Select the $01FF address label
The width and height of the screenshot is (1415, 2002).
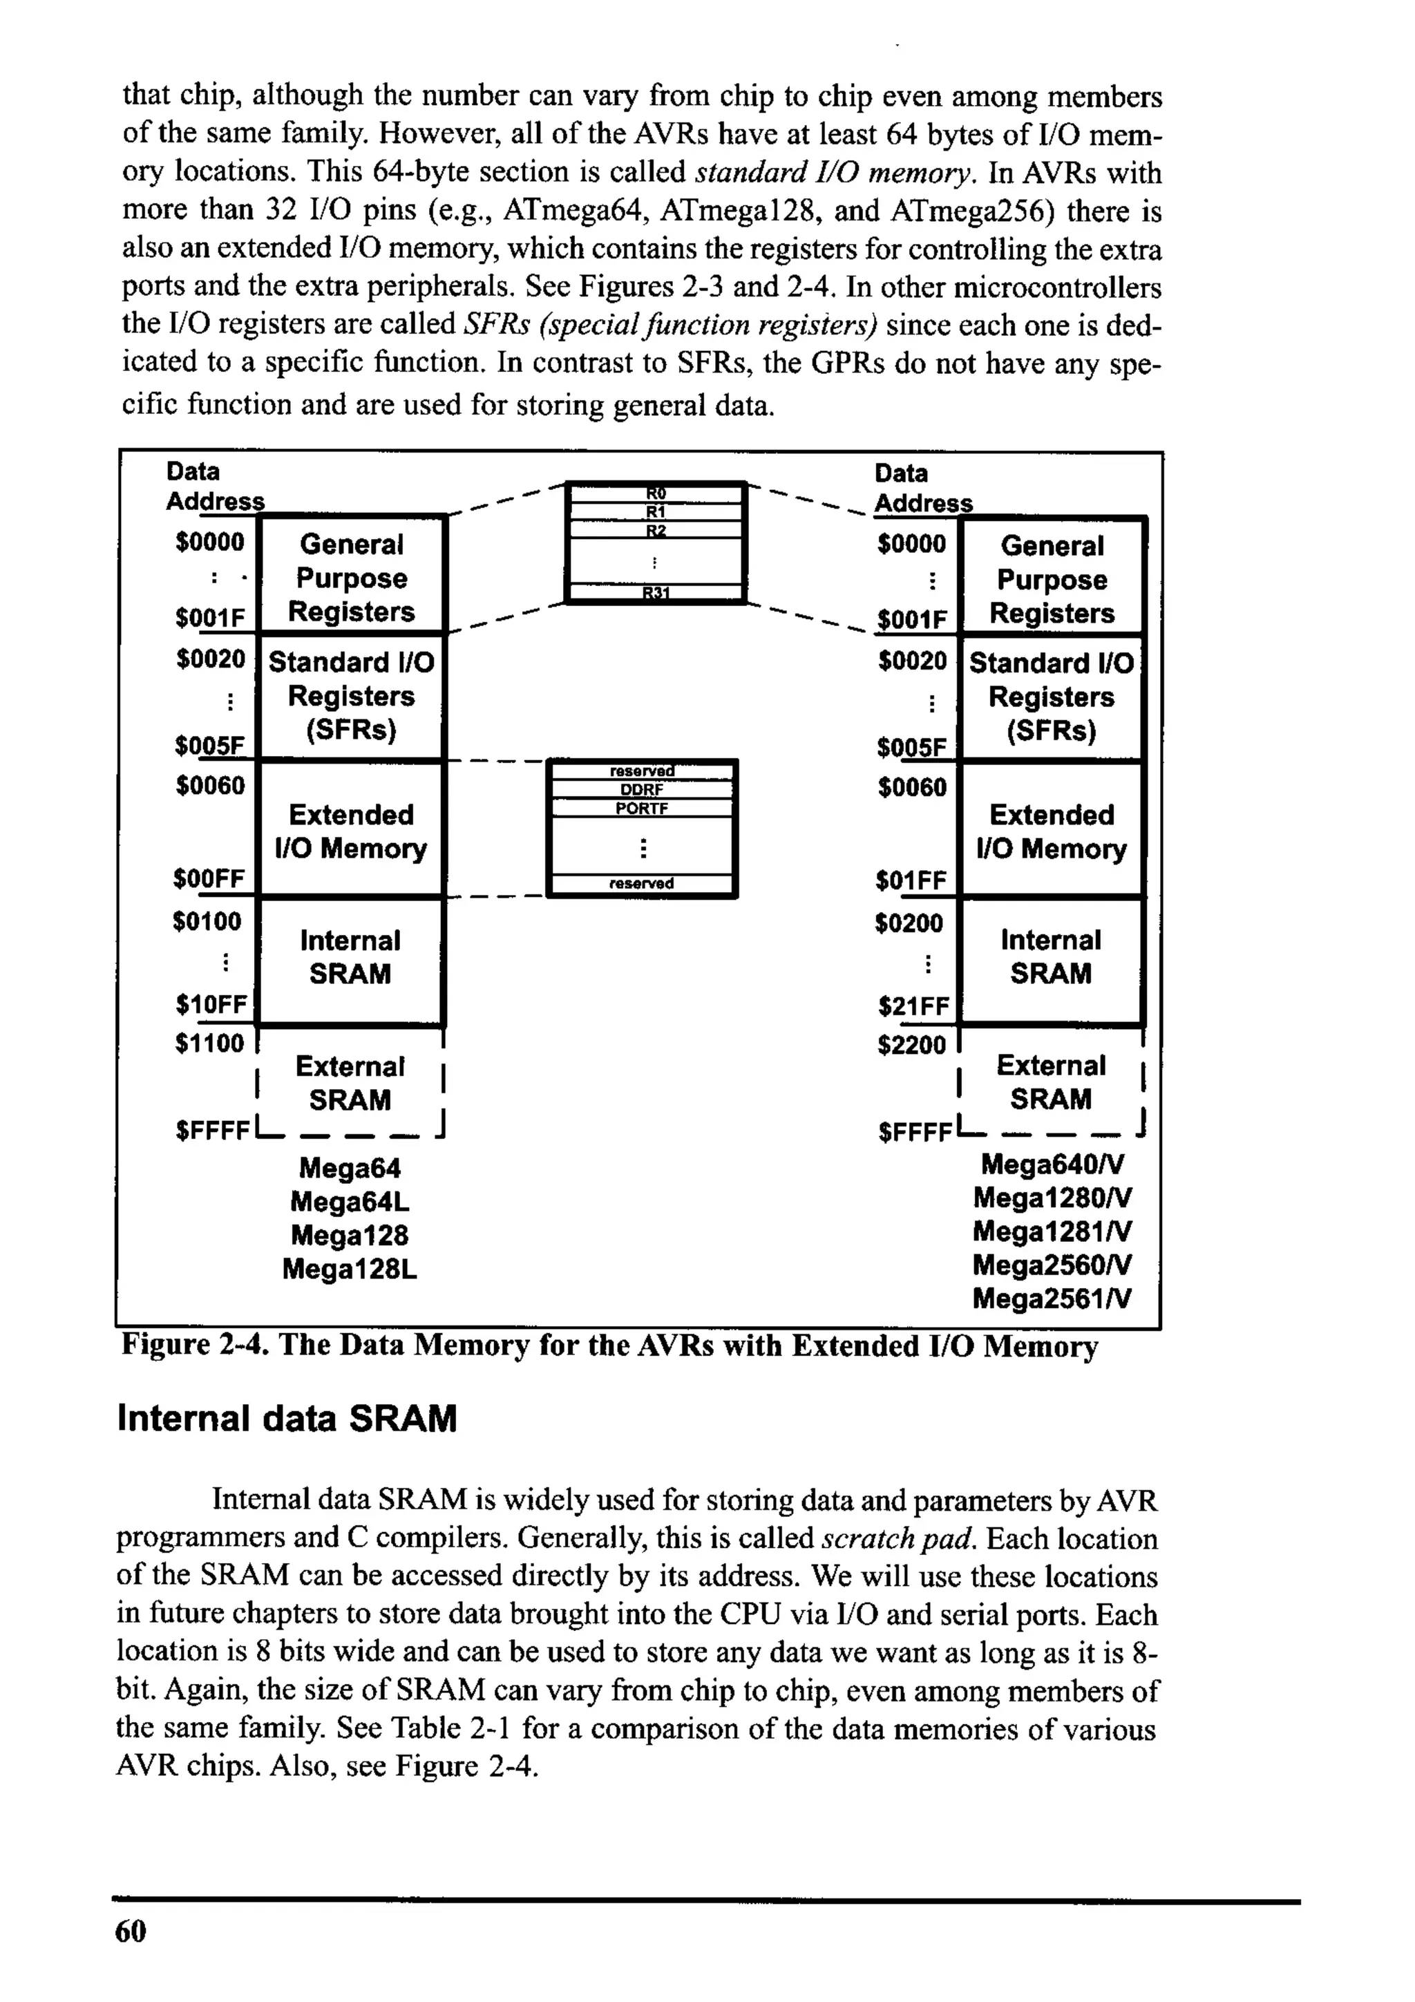click(910, 880)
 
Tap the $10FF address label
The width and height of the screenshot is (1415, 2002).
click(211, 1005)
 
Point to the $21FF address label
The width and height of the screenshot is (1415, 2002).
click(912, 1007)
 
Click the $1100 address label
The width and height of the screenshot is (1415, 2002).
click(209, 1043)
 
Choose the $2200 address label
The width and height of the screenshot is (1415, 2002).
click(911, 1045)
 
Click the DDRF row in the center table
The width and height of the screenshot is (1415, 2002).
click(642, 790)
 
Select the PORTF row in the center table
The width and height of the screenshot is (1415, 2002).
click(642, 809)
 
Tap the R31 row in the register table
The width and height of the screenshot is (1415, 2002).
click(655, 594)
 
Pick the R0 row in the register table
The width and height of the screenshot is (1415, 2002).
click(655, 493)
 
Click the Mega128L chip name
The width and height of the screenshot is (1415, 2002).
click(350, 1269)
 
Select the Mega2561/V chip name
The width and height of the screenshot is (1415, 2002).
click(1052, 1299)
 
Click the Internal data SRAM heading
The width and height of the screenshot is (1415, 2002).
click(287, 1419)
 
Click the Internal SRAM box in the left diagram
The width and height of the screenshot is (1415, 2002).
click(350, 957)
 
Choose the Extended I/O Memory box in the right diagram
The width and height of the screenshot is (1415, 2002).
click(1052, 831)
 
